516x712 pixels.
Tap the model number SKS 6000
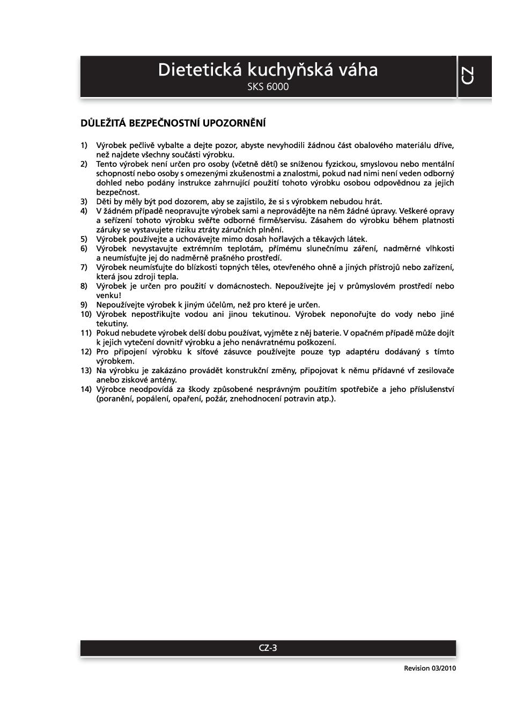click(x=268, y=87)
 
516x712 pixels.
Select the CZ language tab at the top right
click(x=467, y=76)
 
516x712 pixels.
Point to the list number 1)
click(x=84, y=145)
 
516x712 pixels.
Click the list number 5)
click(x=84, y=239)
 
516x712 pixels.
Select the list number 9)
click(x=84, y=305)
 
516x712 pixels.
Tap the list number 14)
click(x=86, y=389)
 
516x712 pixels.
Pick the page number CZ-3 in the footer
click(x=268, y=648)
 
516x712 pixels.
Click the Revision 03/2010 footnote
click(x=430, y=669)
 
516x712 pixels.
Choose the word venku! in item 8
click(x=108, y=295)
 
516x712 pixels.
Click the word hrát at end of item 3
click(x=373, y=202)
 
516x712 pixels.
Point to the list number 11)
click(x=86, y=333)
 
